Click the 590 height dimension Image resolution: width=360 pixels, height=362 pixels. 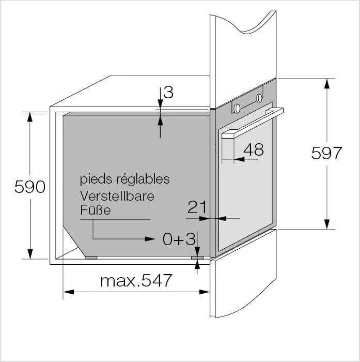(30, 187)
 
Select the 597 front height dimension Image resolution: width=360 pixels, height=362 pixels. (326, 153)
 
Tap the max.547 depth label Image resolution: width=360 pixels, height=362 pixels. (136, 280)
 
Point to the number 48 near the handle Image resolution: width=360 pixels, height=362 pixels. (254, 149)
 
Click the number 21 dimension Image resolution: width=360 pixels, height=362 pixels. (197, 207)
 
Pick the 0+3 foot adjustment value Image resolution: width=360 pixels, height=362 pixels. (179, 239)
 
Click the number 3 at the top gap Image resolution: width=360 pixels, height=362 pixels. (168, 92)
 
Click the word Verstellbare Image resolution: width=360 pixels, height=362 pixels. (117, 196)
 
